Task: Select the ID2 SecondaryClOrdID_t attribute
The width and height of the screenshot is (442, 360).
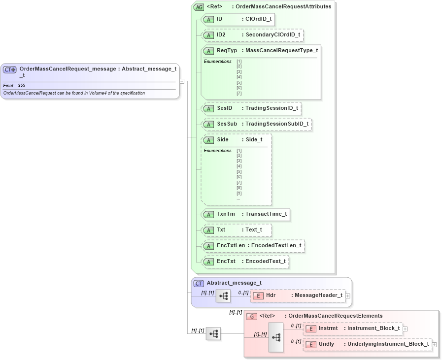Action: point(252,35)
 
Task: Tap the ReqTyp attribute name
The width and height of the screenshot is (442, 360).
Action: point(227,51)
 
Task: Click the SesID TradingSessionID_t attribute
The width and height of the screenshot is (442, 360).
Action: point(251,108)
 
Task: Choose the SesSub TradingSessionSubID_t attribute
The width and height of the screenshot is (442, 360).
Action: point(256,124)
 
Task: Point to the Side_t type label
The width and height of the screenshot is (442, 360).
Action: point(254,140)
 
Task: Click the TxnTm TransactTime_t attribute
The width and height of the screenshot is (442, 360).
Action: point(245,214)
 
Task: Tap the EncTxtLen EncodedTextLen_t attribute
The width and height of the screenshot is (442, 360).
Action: point(253,246)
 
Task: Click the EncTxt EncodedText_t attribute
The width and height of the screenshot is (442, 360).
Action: point(244,261)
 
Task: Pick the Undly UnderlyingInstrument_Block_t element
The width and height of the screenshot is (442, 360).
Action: point(367,344)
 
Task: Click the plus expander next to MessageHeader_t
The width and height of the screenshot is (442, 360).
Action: point(348,296)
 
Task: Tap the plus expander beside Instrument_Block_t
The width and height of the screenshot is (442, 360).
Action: point(405,328)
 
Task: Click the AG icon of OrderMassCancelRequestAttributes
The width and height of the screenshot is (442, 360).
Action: point(199,7)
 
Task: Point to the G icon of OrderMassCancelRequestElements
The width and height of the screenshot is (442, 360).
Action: point(252,316)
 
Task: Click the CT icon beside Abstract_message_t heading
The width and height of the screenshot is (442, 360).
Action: point(199,283)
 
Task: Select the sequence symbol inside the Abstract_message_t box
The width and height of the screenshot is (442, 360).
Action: point(223,296)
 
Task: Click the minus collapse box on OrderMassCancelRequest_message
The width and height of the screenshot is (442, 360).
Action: point(182,81)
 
